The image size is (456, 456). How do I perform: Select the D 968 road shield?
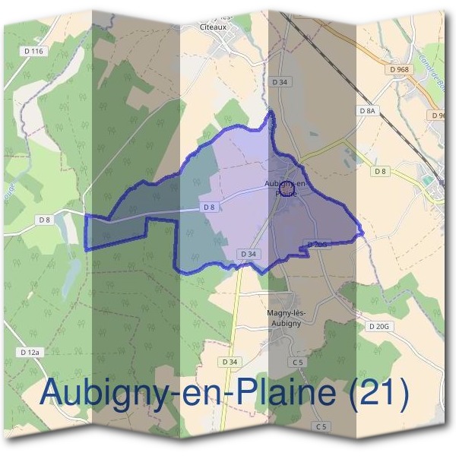pos(398,69)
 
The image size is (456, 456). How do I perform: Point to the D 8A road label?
pos(367,111)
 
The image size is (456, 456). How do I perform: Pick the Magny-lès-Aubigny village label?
pos(285,318)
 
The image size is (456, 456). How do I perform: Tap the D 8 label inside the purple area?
pos(211,207)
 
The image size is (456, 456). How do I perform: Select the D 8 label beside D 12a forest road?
pos(44,220)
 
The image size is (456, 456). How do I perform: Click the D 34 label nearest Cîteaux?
pos(280,81)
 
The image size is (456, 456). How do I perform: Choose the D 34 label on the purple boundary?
pos(246,253)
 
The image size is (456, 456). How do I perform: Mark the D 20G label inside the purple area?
pos(317,244)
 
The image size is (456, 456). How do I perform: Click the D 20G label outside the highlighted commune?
pos(378,326)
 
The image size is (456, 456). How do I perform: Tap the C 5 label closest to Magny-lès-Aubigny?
pos(297,363)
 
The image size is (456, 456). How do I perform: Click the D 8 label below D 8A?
pos(380,172)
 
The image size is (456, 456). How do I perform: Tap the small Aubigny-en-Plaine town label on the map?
pos(287,188)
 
